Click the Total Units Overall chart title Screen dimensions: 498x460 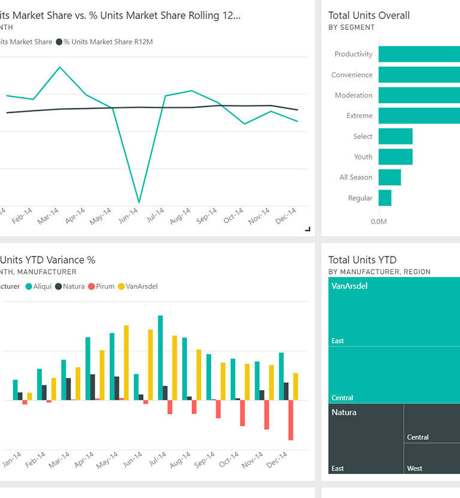click(x=369, y=16)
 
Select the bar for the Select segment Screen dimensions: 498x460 click(x=395, y=137)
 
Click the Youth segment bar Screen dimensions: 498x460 click(x=395, y=157)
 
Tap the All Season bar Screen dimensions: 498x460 click(x=389, y=177)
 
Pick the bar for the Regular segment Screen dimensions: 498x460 click(x=385, y=198)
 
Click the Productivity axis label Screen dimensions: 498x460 click(x=353, y=54)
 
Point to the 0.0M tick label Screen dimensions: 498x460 click(x=379, y=222)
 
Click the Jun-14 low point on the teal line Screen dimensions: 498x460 click(x=139, y=203)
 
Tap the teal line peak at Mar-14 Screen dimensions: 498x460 click(x=59, y=67)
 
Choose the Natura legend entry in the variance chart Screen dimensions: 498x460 click(x=71, y=286)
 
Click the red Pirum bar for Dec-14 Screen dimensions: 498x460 click(x=291, y=420)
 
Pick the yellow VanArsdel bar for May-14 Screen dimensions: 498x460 click(x=126, y=363)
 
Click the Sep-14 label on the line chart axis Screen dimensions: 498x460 click(x=206, y=216)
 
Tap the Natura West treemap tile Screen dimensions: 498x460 click(x=432, y=458)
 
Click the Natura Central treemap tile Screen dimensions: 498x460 click(x=432, y=423)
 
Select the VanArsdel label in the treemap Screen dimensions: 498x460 click(x=349, y=286)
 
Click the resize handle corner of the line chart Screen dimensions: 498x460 click(x=308, y=229)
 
